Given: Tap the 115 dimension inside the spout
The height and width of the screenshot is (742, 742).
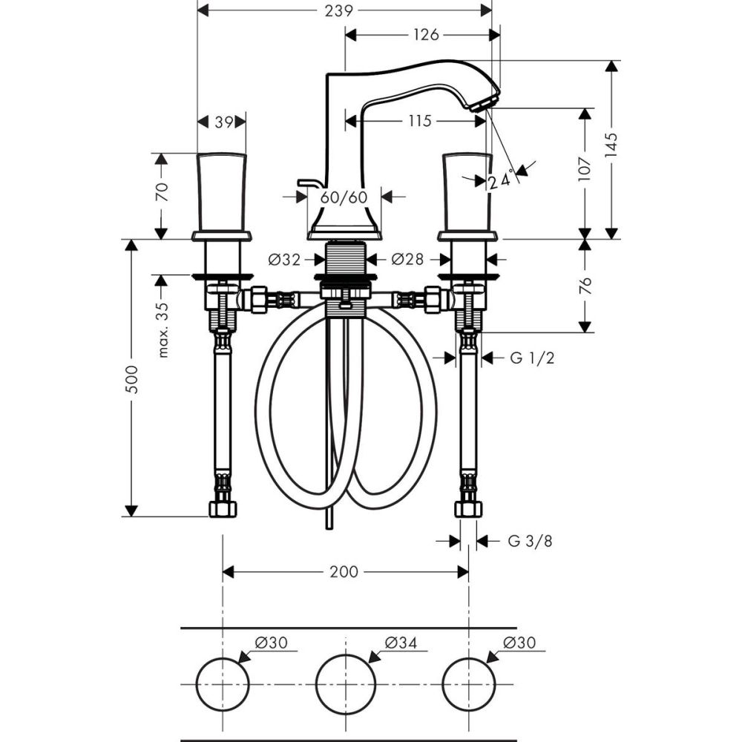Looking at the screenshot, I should (x=419, y=121).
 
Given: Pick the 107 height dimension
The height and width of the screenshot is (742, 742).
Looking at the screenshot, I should (x=585, y=171).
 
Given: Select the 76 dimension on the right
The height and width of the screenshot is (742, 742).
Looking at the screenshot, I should (x=585, y=286).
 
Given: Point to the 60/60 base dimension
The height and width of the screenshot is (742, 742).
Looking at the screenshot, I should (x=344, y=197).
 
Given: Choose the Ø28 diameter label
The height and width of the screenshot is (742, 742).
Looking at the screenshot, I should (x=407, y=260).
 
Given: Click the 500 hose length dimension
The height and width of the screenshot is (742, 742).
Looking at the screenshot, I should (x=131, y=390).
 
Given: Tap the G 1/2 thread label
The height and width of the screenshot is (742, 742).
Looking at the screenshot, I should (x=532, y=358).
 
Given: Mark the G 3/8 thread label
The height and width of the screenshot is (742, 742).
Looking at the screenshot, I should (x=530, y=542).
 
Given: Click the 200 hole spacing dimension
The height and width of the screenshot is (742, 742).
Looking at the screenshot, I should (x=344, y=572).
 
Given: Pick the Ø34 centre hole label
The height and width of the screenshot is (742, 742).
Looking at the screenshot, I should (x=402, y=643).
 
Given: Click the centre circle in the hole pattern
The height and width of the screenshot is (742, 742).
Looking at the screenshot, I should (x=344, y=683).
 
